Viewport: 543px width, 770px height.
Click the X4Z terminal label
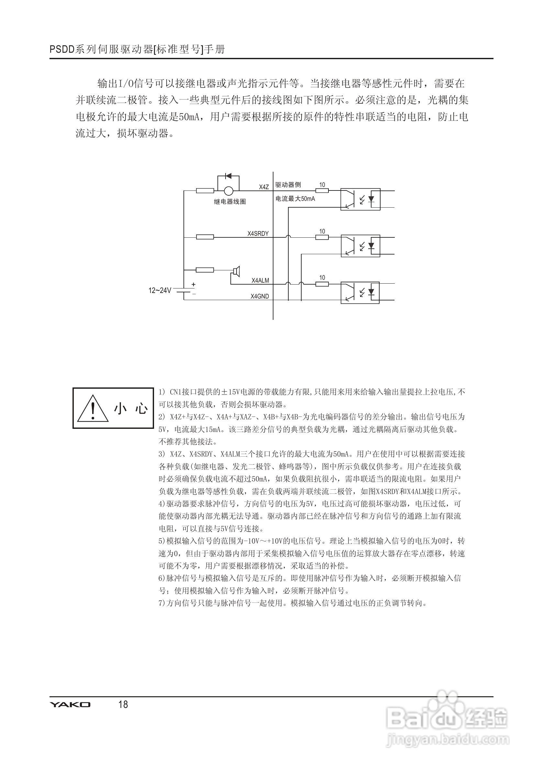(264, 187)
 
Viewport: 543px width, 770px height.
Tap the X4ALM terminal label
(260, 280)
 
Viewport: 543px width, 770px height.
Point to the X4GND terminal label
(260, 296)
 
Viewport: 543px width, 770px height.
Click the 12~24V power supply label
(160, 290)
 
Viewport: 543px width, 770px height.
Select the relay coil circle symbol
(228, 191)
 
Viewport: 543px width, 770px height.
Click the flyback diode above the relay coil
(228, 176)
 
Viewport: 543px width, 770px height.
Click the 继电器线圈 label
(229, 201)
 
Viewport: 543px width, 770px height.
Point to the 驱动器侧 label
(288, 185)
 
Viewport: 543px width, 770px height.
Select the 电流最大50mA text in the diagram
(295, 199)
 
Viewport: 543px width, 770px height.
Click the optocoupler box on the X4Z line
(360, 199)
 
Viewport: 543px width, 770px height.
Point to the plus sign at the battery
(193, 284)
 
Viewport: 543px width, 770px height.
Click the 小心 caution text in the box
(131, 408)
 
